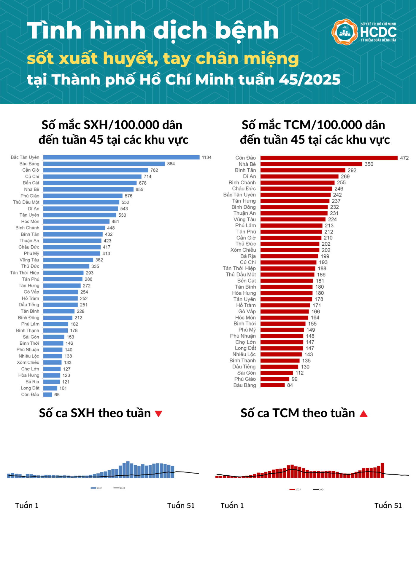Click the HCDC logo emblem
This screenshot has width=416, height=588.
coord(344,32)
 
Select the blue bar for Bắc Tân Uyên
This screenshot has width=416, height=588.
coord(121,157)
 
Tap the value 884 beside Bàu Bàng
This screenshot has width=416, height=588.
coord(171,164)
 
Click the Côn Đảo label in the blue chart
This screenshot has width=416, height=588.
coord(30,394)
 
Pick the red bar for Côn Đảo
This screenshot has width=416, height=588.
coord(329,158)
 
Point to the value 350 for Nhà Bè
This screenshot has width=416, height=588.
coord(369,164)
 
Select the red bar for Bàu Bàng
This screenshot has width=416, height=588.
coord(272,385)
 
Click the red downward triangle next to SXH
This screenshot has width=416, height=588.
coord(159,414)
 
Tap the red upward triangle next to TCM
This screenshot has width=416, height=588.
coord(363,414)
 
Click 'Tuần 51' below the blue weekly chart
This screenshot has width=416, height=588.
coord(181,506)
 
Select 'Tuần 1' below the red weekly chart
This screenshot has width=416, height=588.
coord(232,506)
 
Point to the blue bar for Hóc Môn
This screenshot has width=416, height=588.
coord(76,221)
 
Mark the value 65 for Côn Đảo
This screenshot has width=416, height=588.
coord(57,395)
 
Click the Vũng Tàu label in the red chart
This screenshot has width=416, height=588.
coord(244,220)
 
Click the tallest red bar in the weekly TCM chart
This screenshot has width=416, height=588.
coord(382,470)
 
